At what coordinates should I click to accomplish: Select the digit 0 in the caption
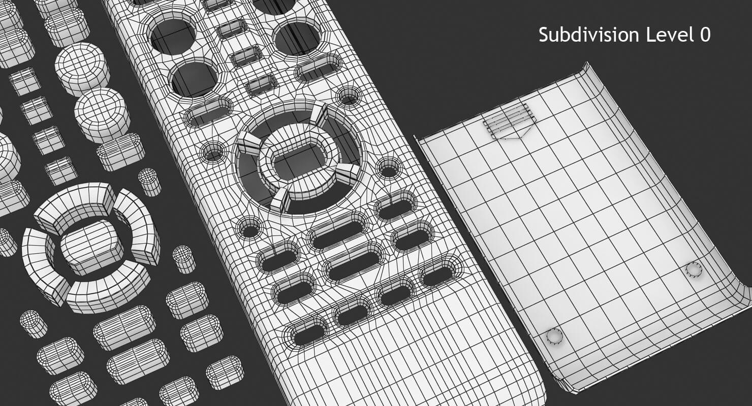click(704, 35)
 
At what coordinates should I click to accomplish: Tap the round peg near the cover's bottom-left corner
click(554, 336)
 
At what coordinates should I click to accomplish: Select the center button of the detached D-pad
click(91, 247)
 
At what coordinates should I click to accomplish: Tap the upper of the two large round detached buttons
click(82, 68)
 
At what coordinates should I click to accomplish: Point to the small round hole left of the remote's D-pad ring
click(213, 151)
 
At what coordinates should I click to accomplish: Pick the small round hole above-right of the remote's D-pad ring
click(349, 96)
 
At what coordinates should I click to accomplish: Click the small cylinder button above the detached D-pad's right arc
click(149, 182)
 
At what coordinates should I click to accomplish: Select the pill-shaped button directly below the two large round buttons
click(120, 152)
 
